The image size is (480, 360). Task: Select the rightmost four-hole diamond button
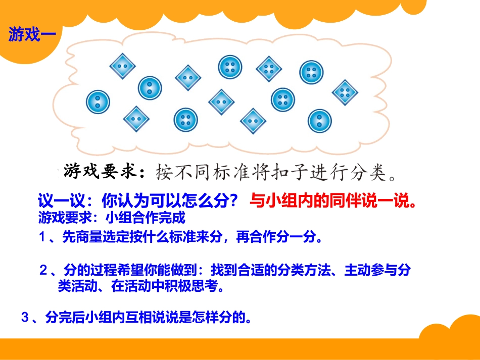coord(345,92)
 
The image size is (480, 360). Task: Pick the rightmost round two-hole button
coord(320,121)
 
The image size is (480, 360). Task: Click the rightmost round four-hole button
coord(311,72)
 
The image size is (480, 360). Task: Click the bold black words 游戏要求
coord(101,171)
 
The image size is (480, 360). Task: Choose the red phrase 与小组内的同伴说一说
coord(334,201)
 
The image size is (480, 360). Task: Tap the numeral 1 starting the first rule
coord(43,237)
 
